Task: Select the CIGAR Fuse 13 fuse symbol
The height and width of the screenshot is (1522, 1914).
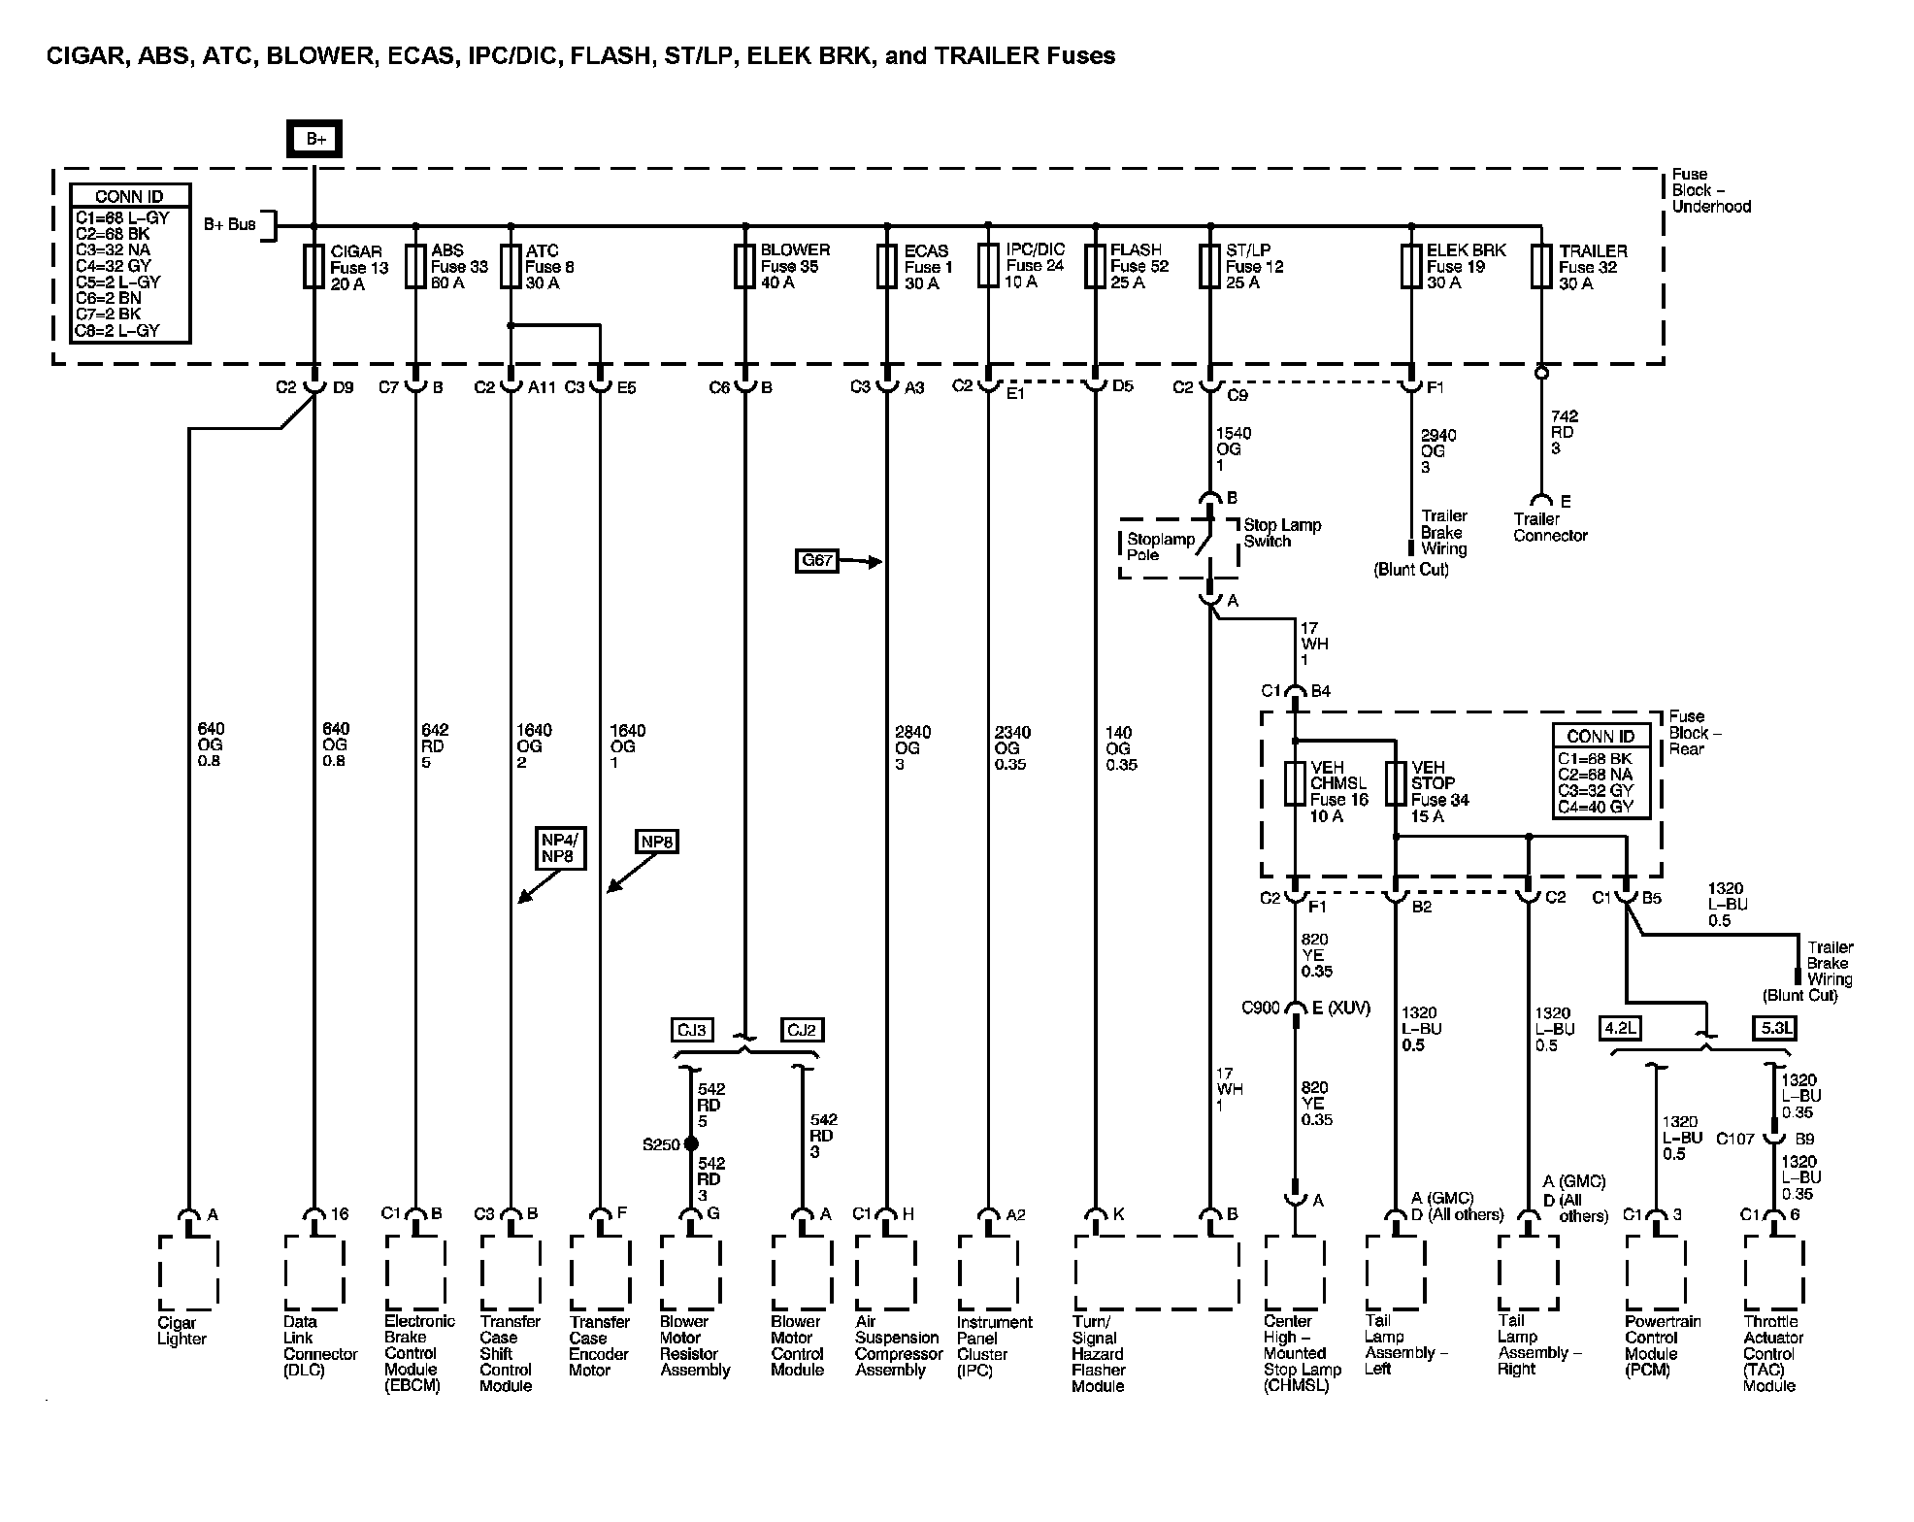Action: point(313,267)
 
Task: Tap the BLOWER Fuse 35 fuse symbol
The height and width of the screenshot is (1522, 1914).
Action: point(745,267)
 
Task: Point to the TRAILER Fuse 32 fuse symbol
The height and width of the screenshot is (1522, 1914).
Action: point(1541,267)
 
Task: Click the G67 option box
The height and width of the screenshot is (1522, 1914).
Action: point(816,561)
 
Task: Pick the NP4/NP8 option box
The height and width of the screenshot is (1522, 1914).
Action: point(560,848)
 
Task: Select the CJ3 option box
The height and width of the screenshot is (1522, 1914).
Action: point(693,1029)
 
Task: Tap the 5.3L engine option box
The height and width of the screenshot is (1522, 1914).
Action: point(1776,1027)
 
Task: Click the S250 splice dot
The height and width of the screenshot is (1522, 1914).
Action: point(691,1144)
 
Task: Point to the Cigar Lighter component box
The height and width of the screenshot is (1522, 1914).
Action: point(188,1272)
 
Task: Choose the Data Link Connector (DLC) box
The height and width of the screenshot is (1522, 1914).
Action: point(313,1272)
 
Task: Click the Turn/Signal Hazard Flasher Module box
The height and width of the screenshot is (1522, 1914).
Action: point(1155,1272)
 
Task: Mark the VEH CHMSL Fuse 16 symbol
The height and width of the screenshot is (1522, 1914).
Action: point(1295,784)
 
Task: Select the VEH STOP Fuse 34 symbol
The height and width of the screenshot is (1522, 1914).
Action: point(1395,784)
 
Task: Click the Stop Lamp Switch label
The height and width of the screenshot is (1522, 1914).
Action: point(1281,533)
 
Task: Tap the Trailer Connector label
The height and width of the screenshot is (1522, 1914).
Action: point(1549,527)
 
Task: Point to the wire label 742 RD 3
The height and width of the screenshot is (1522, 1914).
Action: point(1562,432)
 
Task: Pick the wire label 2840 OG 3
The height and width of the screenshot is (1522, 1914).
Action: point(912,747)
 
